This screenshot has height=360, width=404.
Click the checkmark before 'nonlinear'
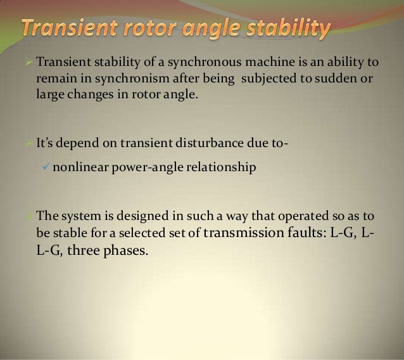pyautogui.click(x=44, y=167)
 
